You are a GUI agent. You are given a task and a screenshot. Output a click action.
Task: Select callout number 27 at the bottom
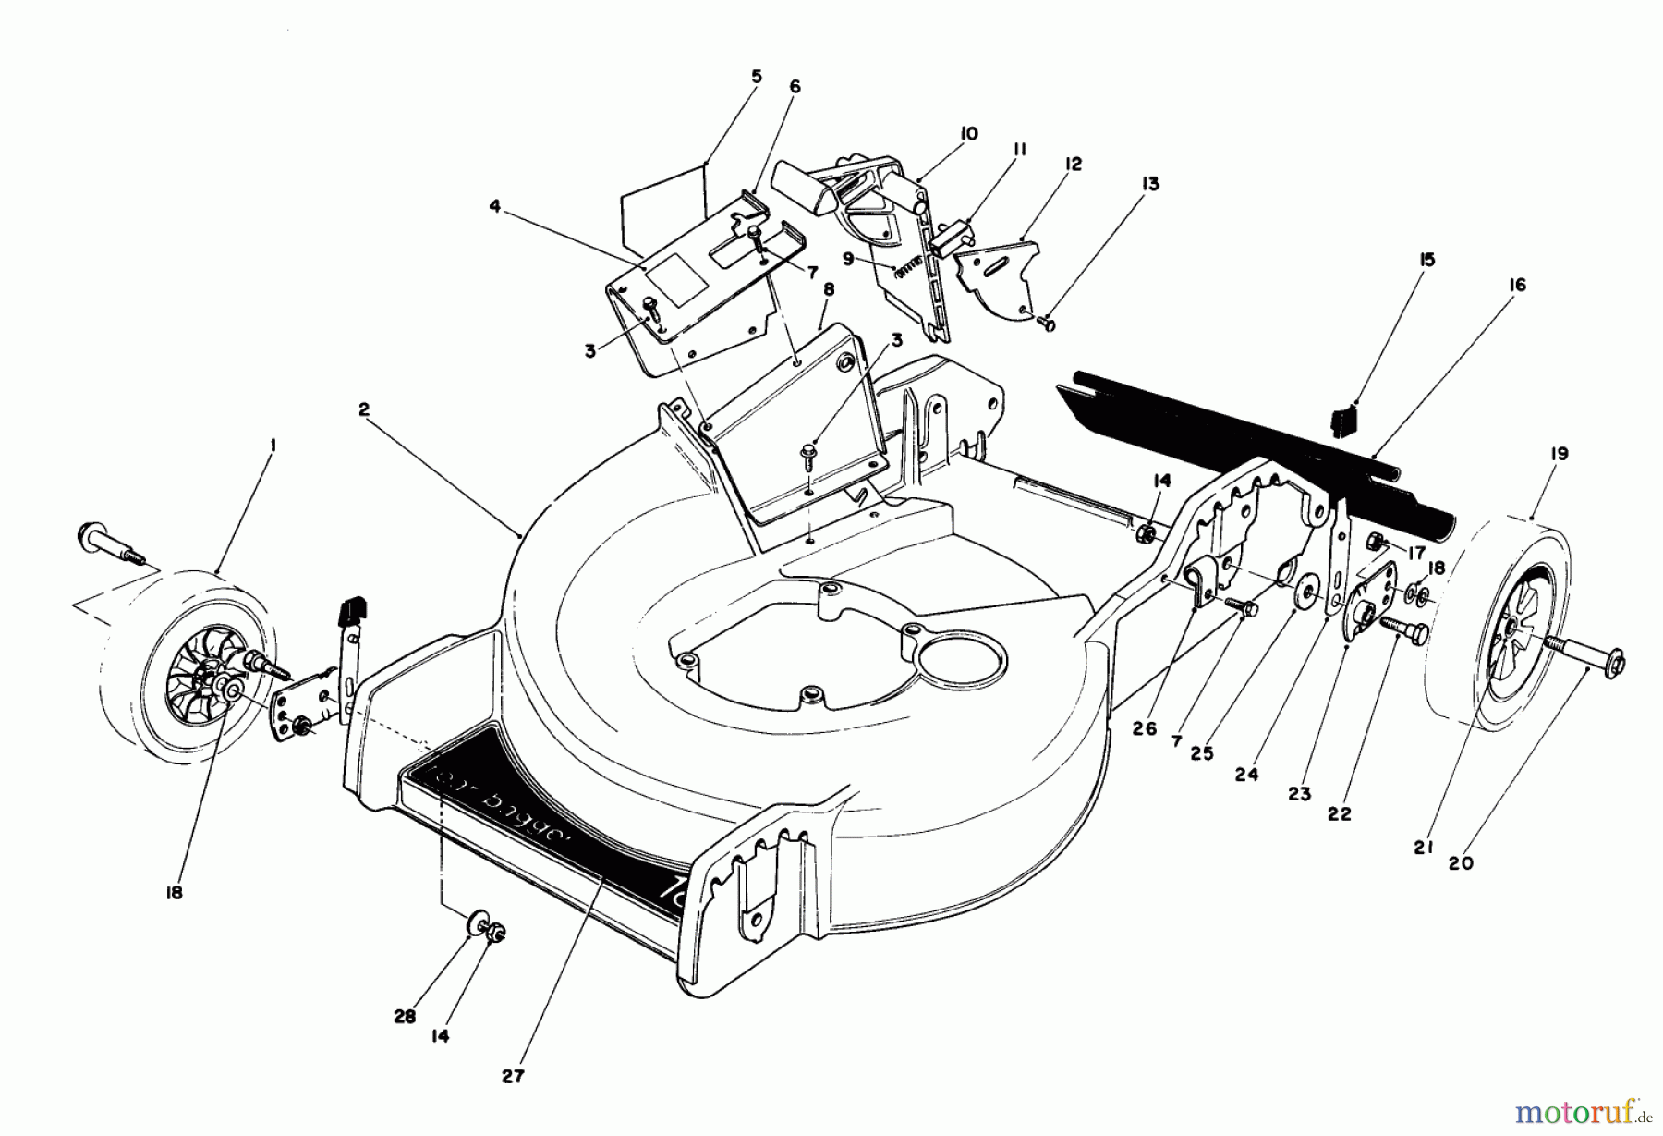tap(514, 1076)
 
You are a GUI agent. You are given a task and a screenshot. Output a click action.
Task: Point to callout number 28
tap(401, 1014)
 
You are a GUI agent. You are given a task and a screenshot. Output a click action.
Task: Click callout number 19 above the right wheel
tap(1559, 454)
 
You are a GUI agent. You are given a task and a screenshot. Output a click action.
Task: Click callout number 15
tap(1426, 260)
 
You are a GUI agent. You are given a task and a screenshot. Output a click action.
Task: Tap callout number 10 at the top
tap(968, 133)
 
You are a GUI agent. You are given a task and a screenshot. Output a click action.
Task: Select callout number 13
tap(1150, 184)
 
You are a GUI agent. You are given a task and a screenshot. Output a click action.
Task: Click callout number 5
tap(757, 77)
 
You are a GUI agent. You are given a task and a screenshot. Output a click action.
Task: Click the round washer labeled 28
tap(478, 921)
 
